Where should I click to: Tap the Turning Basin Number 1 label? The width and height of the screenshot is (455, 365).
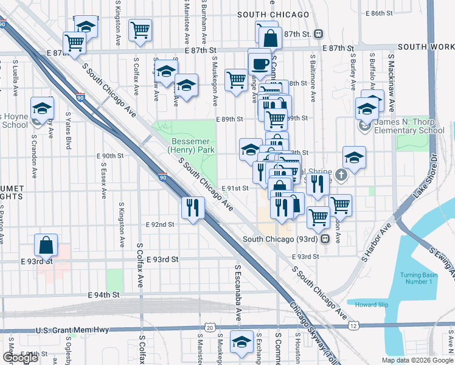point(419,279)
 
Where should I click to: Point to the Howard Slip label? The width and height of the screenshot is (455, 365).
point(370,304)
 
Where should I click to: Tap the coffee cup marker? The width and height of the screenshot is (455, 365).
point(260,63)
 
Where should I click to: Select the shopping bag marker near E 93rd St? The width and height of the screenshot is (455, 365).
point(46,246)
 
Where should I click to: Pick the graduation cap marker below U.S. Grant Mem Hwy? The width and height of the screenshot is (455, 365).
point(242,341)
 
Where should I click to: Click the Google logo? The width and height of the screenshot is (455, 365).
point(20,358)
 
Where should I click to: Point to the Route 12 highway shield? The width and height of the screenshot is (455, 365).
point(353,327)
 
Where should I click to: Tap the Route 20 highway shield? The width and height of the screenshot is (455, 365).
point(210,327)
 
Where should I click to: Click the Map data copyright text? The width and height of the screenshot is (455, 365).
point(417,360)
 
